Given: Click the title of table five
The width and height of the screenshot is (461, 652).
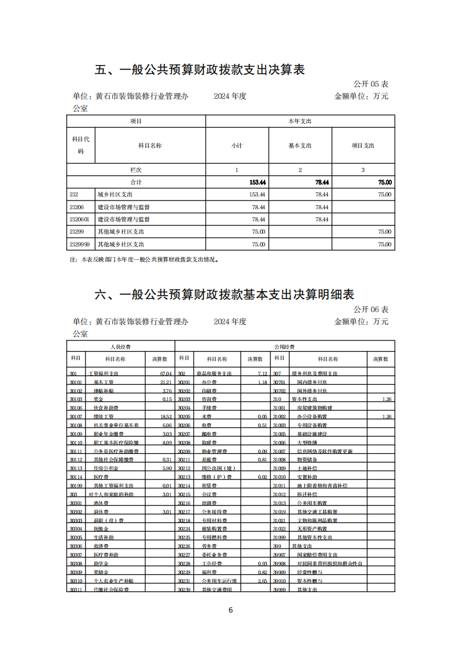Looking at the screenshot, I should [x=200, y=70].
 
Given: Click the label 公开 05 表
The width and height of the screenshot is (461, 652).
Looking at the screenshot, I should [x=371, y=85].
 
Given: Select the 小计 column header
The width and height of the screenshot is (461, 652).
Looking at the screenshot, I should [x=237, y=145].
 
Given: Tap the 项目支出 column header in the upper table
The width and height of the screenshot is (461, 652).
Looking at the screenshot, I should [x=363, y=145].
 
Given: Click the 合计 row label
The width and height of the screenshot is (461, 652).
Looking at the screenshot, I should [x=135, y=182].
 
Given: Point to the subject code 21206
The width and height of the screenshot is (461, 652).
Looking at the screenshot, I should [x=76, y=207].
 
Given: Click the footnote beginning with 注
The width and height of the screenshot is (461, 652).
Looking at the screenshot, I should [x=144, y=260].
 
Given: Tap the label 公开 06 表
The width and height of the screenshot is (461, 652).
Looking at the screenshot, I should [x=371, y=310].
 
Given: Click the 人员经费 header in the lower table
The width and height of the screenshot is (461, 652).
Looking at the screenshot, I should [x=121, y=346].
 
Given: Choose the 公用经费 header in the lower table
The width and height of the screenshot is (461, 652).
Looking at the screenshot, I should [x=285, y=346].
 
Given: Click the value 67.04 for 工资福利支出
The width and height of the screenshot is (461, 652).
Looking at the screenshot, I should [x=166, y=374].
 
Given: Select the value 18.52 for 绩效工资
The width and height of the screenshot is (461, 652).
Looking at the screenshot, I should [x=166, y=417].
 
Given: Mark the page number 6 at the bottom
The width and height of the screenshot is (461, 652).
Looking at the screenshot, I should [x=231, y=610].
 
